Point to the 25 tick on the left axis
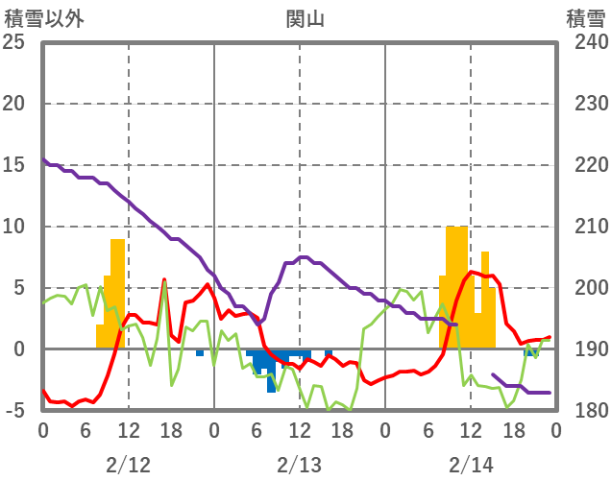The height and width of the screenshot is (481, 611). point(14,42)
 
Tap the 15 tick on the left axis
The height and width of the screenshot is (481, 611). point(14,165)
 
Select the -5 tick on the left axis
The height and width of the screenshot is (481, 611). point(14,411)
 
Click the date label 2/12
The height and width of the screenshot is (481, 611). point(128,465)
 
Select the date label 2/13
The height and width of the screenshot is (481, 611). point(299,465)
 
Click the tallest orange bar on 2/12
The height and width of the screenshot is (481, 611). point(117,288)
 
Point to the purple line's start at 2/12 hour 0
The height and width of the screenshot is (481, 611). point(43,159)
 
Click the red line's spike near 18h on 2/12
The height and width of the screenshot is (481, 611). point(164,279)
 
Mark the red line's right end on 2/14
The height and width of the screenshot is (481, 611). point(550,337)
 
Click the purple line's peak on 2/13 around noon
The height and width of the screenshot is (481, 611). point(303,257)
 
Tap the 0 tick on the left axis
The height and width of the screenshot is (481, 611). point(14,349)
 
